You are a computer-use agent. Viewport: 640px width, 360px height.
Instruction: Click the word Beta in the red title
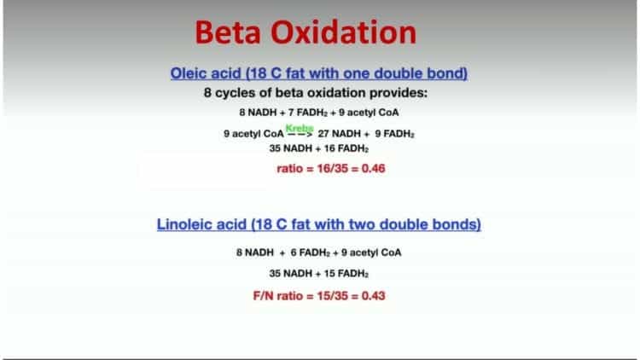click(228, 32)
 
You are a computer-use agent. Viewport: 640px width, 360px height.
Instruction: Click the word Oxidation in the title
click(344, 32)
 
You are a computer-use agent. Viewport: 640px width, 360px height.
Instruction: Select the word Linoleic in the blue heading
click(182, 224)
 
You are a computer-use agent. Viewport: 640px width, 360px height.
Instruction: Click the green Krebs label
click(300, 129)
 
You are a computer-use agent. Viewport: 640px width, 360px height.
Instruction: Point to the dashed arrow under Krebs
click(300, 134)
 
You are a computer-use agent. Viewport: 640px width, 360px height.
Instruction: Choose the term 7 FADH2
click(308, 113)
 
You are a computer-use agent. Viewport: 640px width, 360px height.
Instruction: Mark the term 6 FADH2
click(311, 253)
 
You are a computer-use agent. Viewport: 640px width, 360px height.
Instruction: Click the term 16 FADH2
click(346, 148)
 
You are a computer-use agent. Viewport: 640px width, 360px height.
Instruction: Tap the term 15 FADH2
click(346, 274)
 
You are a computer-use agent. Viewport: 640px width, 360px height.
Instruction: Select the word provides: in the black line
click(399, 93)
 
